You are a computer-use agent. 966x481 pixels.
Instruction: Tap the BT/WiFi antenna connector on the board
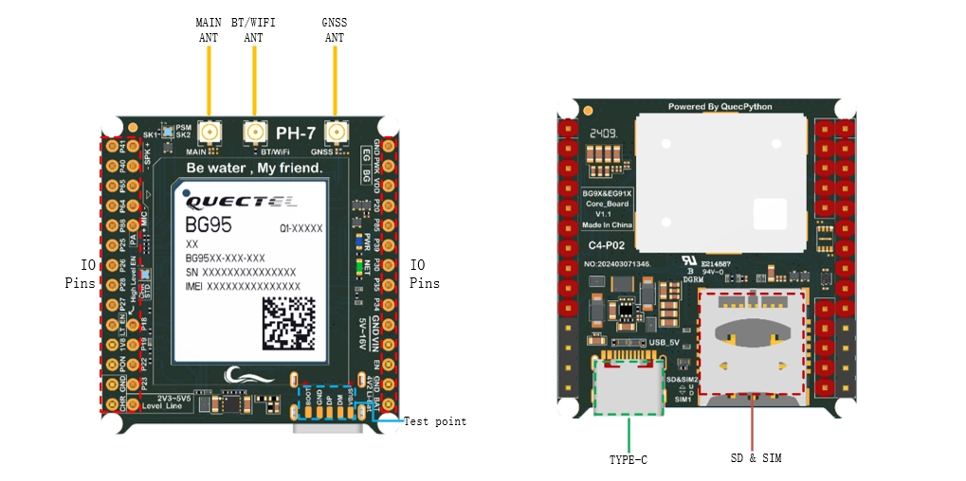(x=254, y=133)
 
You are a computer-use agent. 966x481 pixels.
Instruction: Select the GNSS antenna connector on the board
(x=336, y=133)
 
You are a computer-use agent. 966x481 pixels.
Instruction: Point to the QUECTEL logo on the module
(x=241, y=201)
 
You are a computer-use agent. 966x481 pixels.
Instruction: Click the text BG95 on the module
(x=209, y=226)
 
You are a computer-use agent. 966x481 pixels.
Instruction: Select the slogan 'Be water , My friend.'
(x=254, y=169)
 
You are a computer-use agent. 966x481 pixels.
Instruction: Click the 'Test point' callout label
(x=435, y=421)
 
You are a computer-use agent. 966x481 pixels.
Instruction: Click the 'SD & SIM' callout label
(x=755, y=458)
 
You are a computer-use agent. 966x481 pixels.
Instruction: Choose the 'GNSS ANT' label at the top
(x=335, y=29)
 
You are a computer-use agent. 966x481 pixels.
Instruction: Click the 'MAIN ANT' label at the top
(x=209, y=29)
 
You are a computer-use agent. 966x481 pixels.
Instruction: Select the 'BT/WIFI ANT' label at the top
(x=254, y=29)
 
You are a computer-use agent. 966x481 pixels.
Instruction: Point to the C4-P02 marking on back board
(x=605, y=245)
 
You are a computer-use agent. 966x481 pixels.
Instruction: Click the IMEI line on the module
(x=243, y=286)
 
